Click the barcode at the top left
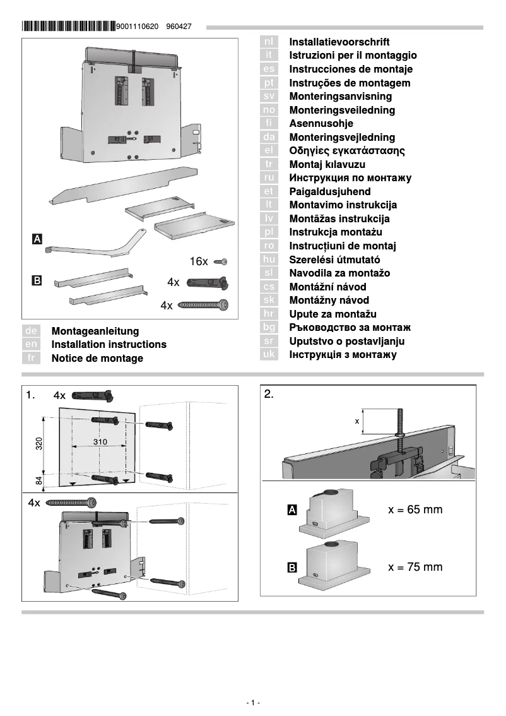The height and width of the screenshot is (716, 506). (68, 27)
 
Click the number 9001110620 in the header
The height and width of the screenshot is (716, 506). (138, 27)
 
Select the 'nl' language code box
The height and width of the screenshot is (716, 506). (269, 42)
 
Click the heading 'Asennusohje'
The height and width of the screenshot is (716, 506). (321, 124)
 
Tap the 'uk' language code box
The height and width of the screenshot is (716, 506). (269, 355)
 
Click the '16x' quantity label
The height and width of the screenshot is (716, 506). (199, 261)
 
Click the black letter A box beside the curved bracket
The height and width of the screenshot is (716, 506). (37, 239)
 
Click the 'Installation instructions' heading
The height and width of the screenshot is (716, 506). (109, 345)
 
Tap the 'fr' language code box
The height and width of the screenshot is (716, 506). (31, 358)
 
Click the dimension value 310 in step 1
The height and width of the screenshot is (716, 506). (100, 441)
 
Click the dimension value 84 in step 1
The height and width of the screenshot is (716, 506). (38, 480)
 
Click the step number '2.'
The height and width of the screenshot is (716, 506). (269, 395)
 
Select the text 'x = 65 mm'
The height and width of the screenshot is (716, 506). (415, 510)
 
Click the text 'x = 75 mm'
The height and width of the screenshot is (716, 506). (415, 567)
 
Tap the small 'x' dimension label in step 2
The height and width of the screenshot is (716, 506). (356, 421)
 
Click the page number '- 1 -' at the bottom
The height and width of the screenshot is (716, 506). (252, 703)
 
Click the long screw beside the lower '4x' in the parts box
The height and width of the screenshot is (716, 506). (203, 305)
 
